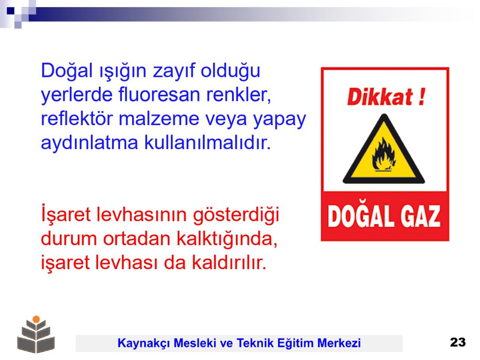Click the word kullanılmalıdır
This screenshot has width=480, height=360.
click(208, 142)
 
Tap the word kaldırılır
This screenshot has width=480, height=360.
click(229, 262)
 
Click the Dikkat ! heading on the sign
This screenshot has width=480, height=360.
click(386, 97)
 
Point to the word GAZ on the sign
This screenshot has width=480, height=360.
click(420, 217)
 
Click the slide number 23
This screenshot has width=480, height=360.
click(457, 342)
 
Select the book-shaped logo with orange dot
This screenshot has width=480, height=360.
click(36, 334)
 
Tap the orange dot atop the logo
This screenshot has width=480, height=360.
click(36, 319)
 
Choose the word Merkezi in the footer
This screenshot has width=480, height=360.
click(339, 343)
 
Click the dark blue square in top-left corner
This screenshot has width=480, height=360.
click(11, 11)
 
